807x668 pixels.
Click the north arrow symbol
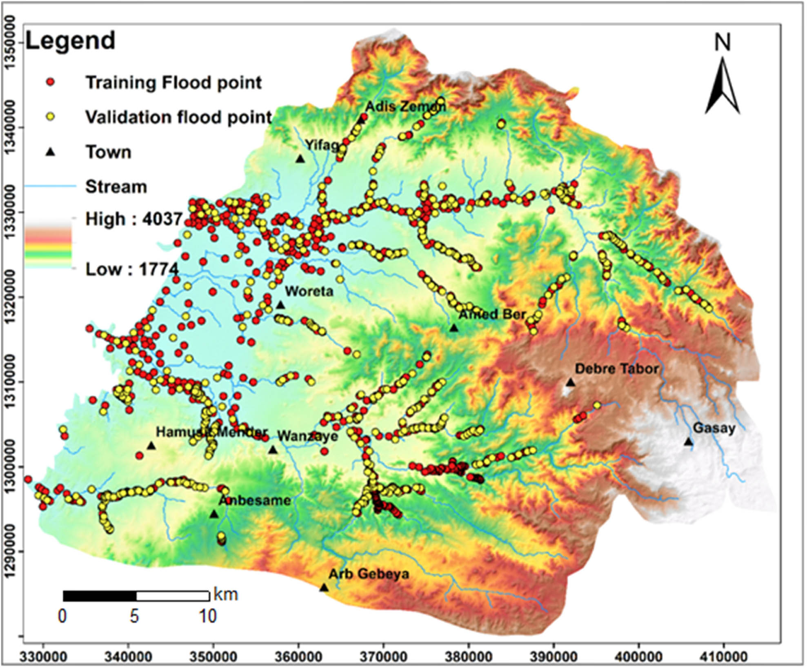coord(722,86)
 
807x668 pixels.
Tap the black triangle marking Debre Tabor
coord(570,383)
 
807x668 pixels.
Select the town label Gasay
coord(714,428)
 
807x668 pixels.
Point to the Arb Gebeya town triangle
coord(324,588)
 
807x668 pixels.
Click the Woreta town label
coord(309,291)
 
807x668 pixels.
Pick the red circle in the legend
coord(51,82)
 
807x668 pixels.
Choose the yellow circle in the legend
coord(51,117)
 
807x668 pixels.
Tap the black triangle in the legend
coord(51,152)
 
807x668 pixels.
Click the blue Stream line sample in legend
coord(51,186)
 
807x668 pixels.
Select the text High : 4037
coord(133,219)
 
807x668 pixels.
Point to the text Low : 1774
coord(132,269)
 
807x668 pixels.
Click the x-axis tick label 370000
coord(383,657)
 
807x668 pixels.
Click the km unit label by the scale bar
coord(226,594)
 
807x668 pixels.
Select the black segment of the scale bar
coord(100,596)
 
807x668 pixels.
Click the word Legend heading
coord(70,41)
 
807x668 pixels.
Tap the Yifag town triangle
coord(300,159)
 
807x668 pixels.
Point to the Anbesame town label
coord(255,501)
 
